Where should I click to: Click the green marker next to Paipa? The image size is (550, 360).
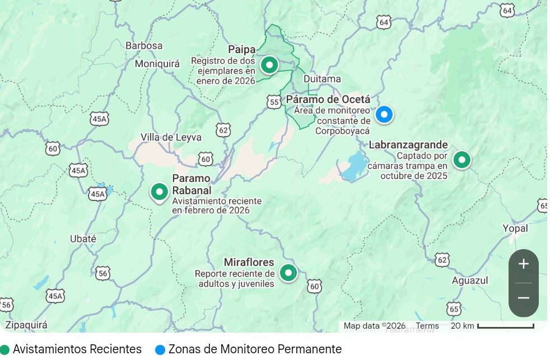[x=269, y=65]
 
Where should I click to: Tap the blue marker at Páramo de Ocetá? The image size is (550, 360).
[x=384, y=114]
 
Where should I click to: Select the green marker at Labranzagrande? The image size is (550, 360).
[x=462, y=160]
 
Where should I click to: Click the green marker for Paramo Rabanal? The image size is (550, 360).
[x=160, y=192]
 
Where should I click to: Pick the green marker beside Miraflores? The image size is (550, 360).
[x=288, y=273]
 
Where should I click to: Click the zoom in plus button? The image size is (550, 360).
[x=523, y=264]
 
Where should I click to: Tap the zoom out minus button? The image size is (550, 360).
[x=523, y=298]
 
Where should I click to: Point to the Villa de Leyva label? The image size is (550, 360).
[x=171, y=137]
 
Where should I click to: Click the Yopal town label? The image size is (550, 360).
[x=515, y=228]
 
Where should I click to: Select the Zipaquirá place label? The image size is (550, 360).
[x=26, y=325]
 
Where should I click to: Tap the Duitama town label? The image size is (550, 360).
[x=322, y=79]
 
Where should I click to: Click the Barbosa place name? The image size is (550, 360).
[x=144, y=45]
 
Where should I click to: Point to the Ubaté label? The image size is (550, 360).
[x=83, y=239]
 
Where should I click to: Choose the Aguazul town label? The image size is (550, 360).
[x=470, y=280]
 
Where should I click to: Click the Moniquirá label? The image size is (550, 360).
[x=157, y=64]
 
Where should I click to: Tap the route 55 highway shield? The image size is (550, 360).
[x=274, y=101]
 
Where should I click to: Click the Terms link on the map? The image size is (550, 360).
[x=427, y=326]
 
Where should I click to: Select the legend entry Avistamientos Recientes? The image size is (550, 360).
[x=71, y=349]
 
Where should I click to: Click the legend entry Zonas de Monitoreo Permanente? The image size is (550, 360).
[x=249, y=349]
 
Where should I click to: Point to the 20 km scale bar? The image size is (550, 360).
[x=505, y=326]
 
